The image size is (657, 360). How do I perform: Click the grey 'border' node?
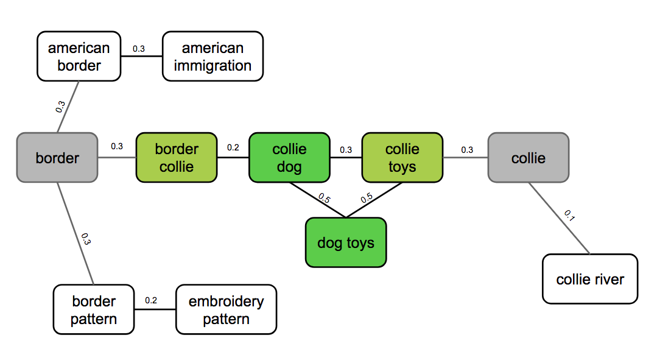pyautogui.click(x=57, y=158)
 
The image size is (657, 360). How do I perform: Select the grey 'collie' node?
pyautogui.click(x=528, y=158)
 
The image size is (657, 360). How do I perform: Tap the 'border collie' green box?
pyautogui.click(x=176, y=158)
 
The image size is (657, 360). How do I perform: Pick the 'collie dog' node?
pyautogui.click(x=289, y=158)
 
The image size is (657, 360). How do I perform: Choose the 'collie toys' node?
pyautogui.click(x=402, y=158)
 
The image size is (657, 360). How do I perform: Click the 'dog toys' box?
pyautogui.click(x=345, y=242)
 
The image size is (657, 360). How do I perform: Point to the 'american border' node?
pyautogui.click(x=79, y=57)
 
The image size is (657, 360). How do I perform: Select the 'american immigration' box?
pyautogui.click(x=213, y=57)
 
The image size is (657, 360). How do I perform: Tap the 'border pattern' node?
pyautogui.click(x=93, y=309)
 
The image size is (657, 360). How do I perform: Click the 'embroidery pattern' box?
pyautogui.click(x=226, y=309)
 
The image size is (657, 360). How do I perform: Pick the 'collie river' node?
pyautogui.click(x=589, y=279)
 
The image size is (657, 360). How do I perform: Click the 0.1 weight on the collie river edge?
pyautogui.click(x=569, y=215)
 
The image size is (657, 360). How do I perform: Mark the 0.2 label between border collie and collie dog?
pyautogui.click(x=233, y=147)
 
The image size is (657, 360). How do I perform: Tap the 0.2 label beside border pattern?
pyautogui.click(x=151, y=300)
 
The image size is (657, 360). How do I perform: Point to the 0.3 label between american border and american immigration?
pyautogui.click(x=139, y=49)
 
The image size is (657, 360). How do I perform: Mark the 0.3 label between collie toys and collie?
pyautogui.click(x=467, y=150)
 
